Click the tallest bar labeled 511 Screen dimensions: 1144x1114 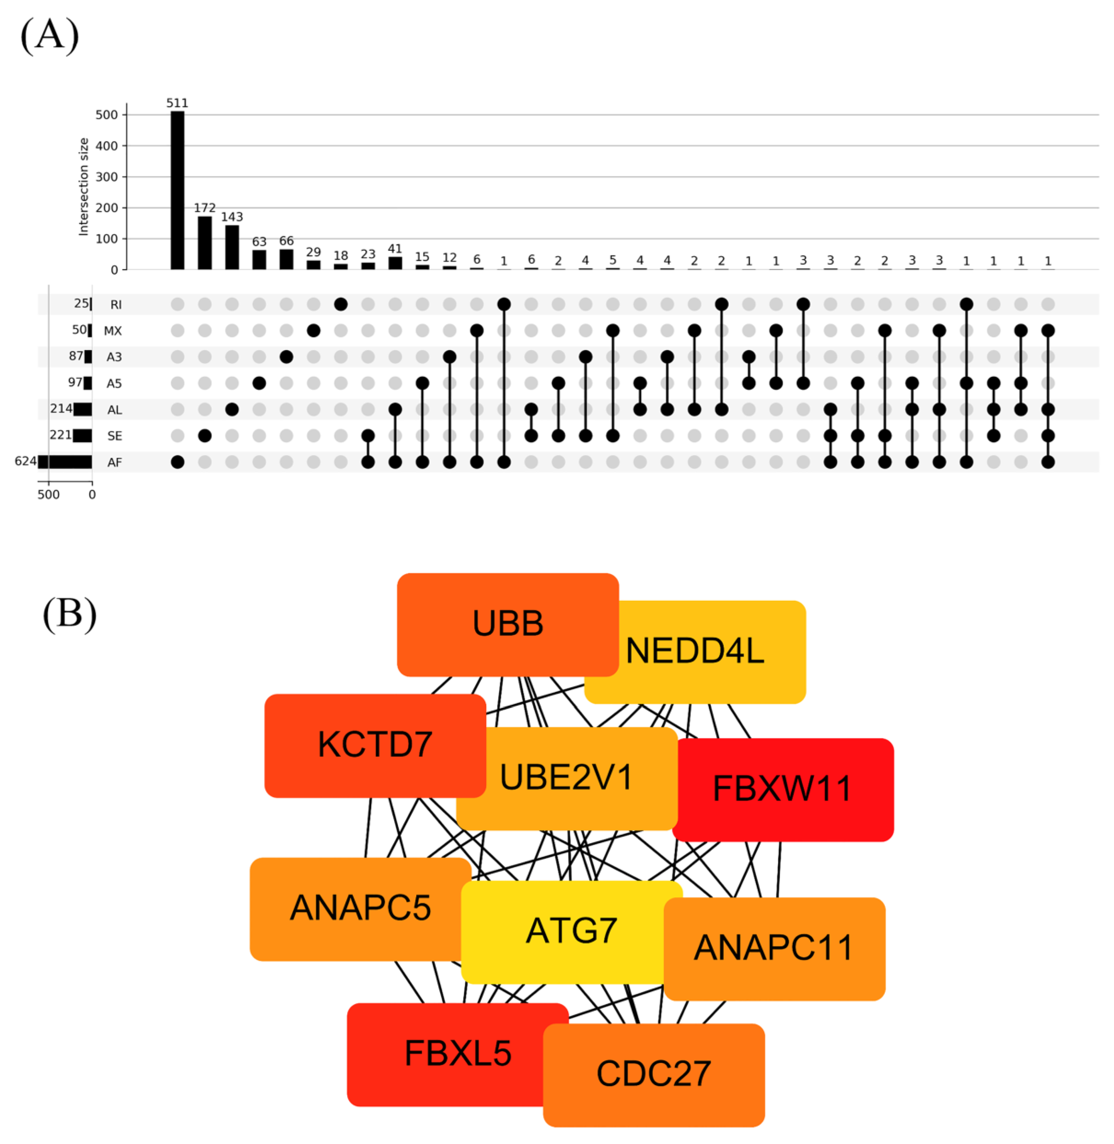tap(177, 190)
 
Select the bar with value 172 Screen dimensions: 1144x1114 tap(205, 243)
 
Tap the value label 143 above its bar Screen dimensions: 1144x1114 tap(232, 216)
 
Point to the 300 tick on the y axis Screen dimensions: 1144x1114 tap(106, 177)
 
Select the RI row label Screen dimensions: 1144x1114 tap(116, 304)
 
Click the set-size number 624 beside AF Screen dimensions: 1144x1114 tap(25, 461)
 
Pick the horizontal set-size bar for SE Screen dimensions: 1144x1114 tap(82, 435)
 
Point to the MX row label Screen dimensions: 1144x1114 tap(113, 331)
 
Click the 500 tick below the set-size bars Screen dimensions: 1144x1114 tap(48, 494)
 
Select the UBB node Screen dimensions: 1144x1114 tap(507, 624)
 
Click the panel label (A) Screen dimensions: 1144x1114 tap(50, 35)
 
